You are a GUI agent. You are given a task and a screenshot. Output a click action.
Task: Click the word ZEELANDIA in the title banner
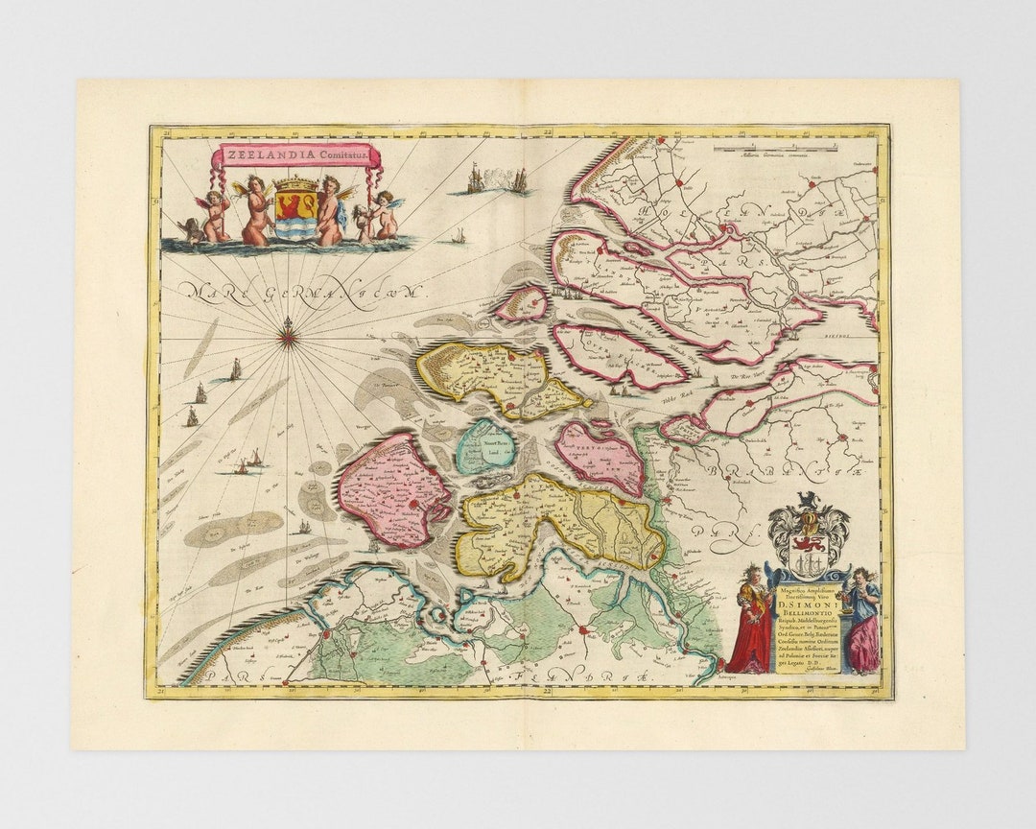256,154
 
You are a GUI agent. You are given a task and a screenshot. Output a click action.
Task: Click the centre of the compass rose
287,336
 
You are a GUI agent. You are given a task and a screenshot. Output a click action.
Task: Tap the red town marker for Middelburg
412,502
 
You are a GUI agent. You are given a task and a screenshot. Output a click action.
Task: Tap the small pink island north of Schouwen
523,304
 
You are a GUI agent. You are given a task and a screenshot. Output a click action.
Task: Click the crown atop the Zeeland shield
295,183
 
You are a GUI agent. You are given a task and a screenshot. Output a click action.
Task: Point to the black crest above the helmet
809,501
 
